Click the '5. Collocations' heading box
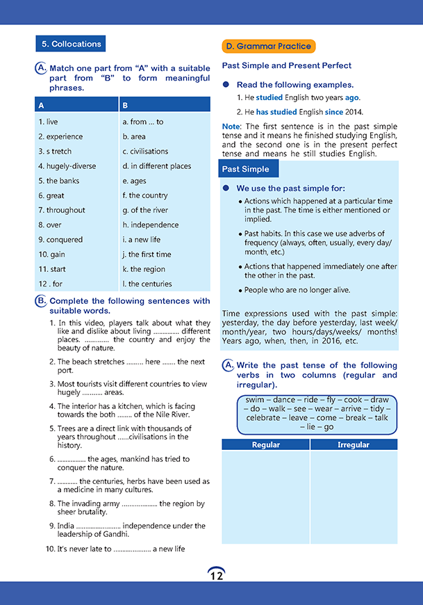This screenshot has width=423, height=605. point(71,44)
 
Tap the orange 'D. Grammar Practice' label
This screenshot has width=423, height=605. point(269,47)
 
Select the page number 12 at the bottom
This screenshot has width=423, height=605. point(216,575)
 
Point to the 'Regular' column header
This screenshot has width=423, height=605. point(265,445)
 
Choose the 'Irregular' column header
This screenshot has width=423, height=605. point(354,445)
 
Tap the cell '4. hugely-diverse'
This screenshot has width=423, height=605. point(67,166)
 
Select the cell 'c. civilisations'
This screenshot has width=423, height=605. point(145,152)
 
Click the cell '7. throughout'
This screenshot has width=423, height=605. point(62,210)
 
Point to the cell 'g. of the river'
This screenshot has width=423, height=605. point(145,210)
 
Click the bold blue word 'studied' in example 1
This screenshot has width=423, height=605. point(269,98)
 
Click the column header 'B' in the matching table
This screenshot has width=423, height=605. point(125,106)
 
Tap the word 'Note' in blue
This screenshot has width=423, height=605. point(231,126)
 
